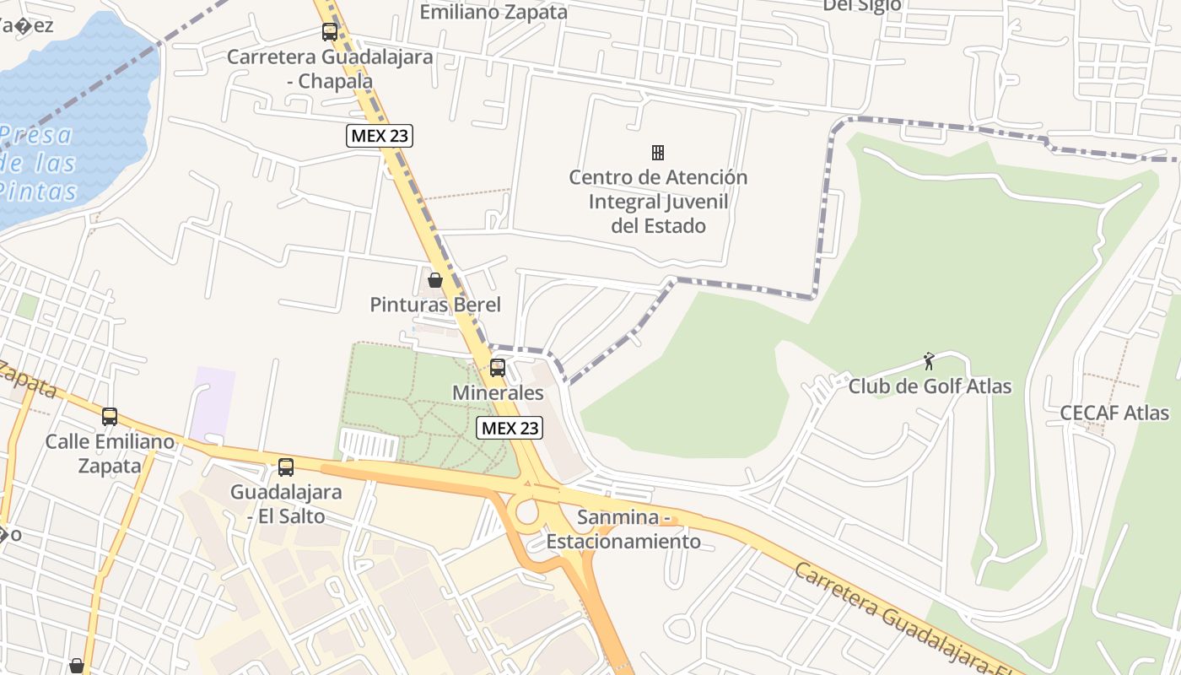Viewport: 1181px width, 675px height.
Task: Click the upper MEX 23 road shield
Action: coord(380,135)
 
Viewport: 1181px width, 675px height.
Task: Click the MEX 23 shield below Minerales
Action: coord(510,428)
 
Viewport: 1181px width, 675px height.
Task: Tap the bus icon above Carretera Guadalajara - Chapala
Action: coord(330,32)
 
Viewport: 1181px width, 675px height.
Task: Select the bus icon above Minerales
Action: coord(498,367)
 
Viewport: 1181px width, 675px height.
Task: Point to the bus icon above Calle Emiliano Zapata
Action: coord(110,416)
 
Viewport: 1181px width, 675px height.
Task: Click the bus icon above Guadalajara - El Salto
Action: coord(286,467)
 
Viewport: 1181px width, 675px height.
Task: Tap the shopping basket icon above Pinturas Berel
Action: coord(435,279)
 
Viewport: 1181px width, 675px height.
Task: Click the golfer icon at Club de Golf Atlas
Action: coord(929,361)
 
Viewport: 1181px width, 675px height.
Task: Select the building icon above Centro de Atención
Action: coord(658,153)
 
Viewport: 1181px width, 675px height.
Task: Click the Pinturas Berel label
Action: coord(435,305)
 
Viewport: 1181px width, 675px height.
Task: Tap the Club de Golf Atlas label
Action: coord(930,387)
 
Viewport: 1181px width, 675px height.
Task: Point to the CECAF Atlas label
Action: coord(1114,413)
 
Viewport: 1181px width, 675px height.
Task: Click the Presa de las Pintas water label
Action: coord(38,163)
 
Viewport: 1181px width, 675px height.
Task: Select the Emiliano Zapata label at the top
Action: coord(493,12)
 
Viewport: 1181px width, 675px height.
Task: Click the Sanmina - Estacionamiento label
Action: coord(623,529)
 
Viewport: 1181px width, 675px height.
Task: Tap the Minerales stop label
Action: coord(498,392)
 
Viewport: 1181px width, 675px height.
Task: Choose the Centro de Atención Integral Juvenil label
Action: coord(658,202)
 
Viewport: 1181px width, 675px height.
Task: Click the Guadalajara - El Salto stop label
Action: coord(286,504)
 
